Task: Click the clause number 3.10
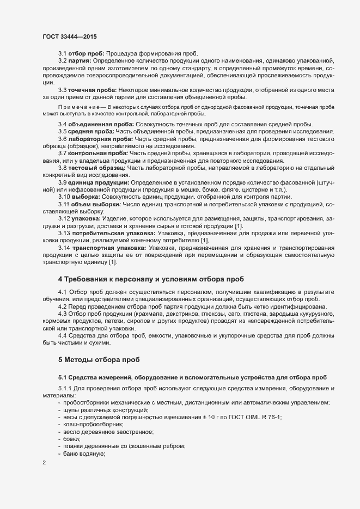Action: [64, 197]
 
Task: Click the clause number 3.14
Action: [64, 247]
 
